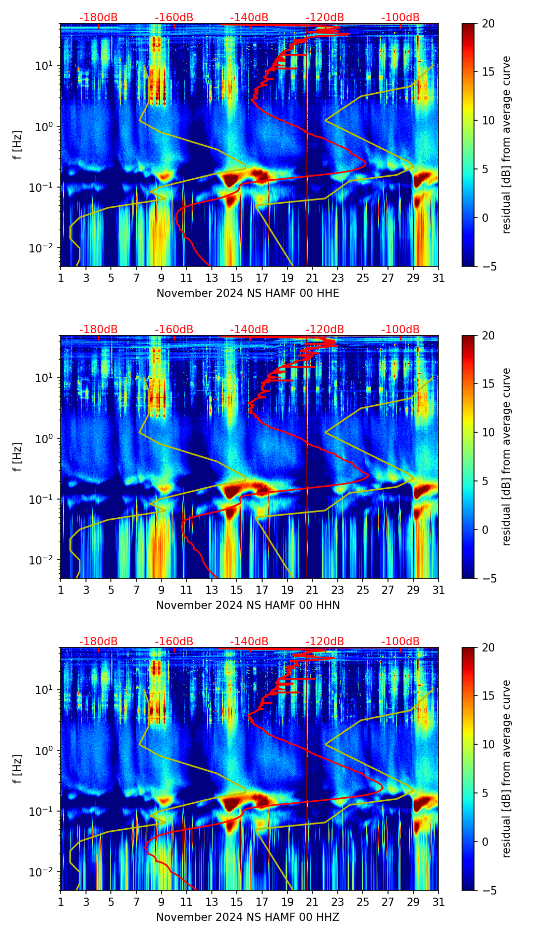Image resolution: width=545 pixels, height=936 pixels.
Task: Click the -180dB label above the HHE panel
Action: tap(98, 18)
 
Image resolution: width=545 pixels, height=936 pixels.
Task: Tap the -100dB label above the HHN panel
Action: tap(400, 330)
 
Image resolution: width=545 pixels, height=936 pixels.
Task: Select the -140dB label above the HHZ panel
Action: tap(249, 642)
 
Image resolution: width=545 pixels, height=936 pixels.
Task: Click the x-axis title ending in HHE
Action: tap(248, 293)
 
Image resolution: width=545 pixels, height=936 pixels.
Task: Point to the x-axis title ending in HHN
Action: tap(248, 605)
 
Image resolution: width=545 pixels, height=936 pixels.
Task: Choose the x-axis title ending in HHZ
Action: tap(248, 917)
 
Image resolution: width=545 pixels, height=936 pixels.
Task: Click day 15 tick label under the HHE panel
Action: tap(237, 278)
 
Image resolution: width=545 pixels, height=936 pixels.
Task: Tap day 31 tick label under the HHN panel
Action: tap(438, 590)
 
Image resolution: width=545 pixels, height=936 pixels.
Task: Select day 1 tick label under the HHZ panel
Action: tap(61, 902)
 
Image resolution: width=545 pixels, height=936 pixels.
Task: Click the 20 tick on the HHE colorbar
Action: tap(488, 24)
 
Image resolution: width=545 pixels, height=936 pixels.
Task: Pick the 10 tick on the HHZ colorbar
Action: tap(488, 744)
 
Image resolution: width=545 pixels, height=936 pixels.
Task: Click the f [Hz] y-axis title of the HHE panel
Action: tap(18, 145)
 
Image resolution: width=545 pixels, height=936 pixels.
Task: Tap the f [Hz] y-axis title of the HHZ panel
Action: tap(18, 769)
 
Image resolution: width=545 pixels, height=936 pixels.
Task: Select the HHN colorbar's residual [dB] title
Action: tap(506, 457)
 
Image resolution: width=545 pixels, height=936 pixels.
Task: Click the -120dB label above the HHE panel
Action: tap(325, 18)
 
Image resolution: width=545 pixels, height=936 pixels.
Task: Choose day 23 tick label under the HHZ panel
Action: tap(337, 902)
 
